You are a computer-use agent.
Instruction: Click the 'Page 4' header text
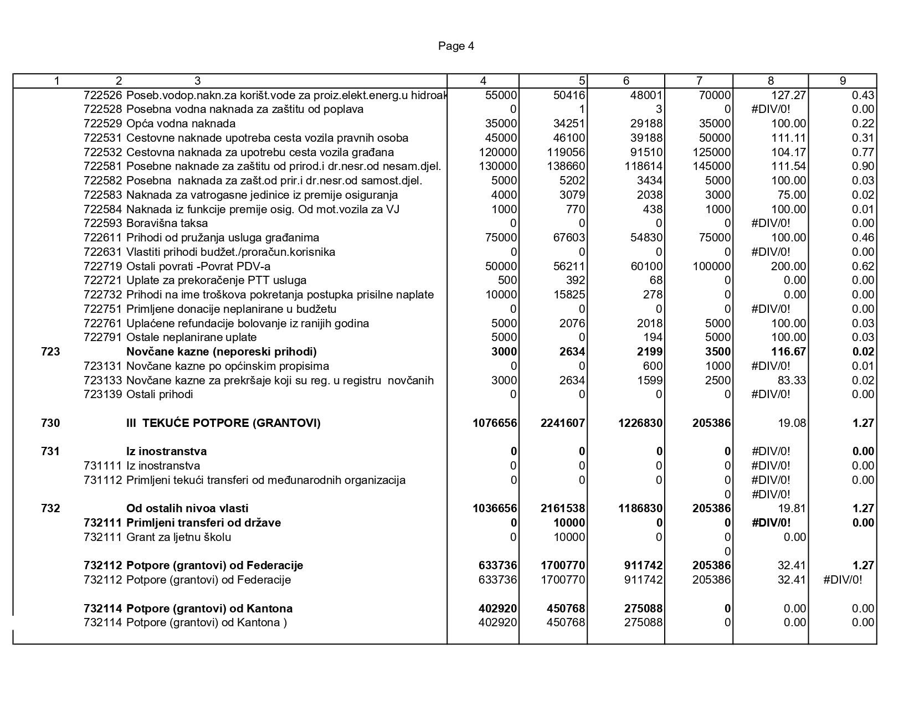(456, 46)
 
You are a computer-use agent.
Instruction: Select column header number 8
(771, 81)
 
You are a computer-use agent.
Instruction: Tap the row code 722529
(103, 123)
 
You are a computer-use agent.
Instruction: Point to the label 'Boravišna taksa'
(167, 224)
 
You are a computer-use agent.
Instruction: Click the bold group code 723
(50, 352)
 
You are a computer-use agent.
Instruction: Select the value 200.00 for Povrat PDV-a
(789, 266)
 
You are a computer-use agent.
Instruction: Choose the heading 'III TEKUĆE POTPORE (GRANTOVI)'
(223, 424)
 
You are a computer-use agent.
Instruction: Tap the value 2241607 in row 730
(563, 424)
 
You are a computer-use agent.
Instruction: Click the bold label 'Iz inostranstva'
(167, 452)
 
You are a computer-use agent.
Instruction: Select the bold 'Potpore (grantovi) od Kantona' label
(209, 609)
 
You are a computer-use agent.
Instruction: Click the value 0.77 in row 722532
(863, 152)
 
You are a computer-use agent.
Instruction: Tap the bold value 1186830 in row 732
(640, 509)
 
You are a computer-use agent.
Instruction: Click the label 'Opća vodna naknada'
(181, 123)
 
